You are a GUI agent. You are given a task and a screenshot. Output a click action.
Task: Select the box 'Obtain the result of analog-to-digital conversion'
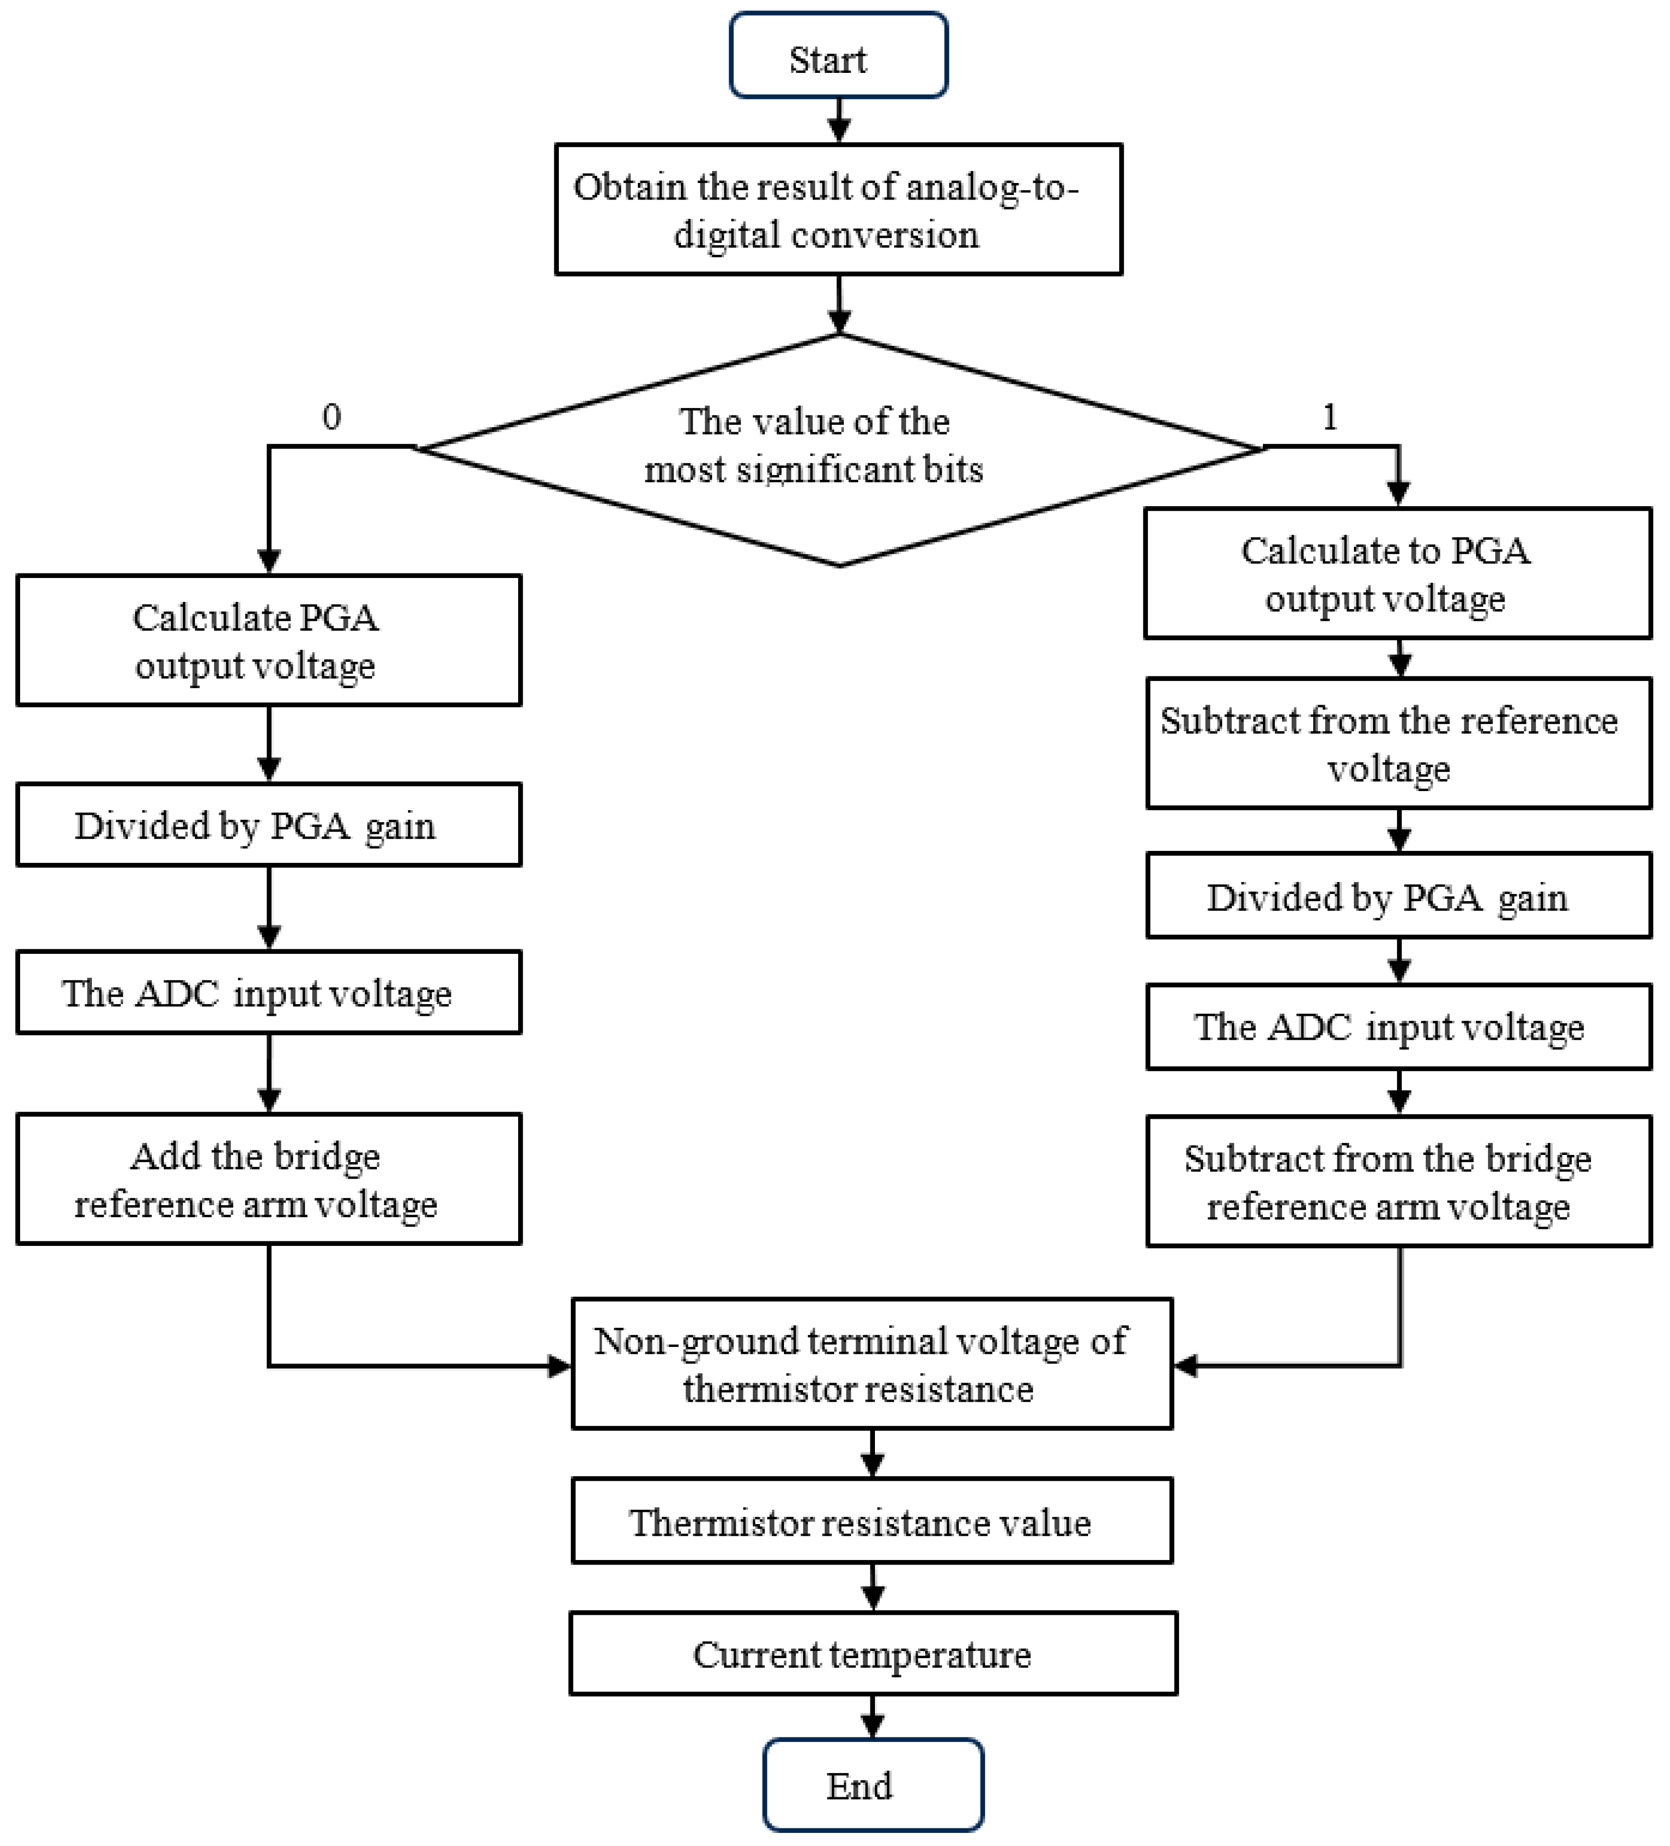coord(838,209)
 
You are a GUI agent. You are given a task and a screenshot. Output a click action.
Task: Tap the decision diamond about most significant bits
coord(838,449)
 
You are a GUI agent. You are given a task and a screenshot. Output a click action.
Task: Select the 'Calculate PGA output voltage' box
coord(268,640)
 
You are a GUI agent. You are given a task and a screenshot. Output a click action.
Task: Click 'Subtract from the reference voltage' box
coord(1398,743)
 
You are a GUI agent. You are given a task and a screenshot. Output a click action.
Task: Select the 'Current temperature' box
coord(872,1654)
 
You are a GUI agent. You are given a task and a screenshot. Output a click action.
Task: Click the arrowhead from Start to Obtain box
coord(839,131)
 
